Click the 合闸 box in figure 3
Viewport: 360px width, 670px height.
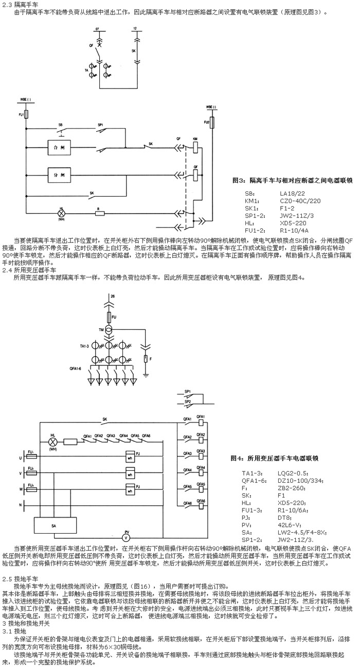tap(59, 148)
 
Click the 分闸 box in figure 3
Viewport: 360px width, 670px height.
tap(59, 175)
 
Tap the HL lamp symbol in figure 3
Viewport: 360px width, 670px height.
tap(61, 211)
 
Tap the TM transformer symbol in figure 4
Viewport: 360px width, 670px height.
tap(109, 330)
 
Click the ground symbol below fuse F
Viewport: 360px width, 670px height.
tap(147, 372)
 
